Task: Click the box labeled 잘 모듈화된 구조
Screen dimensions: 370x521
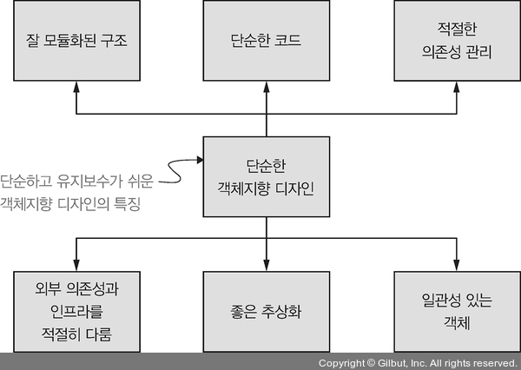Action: (76, 40)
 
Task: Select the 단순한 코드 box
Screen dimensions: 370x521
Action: (266, 40)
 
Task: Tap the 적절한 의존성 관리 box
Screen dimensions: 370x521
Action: (455, 40)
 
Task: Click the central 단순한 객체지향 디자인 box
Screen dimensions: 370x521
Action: (266, 176)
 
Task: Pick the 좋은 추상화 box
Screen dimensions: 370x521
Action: (266, 310)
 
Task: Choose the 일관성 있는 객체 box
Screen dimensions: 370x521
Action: (455, 310)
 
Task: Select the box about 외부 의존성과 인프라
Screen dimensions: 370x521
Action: (76, 310)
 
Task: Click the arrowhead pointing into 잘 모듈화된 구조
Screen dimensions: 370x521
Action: (76, 83)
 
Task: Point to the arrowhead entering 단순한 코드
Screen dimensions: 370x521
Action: (266, 83)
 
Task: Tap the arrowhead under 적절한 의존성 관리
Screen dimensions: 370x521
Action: (455, 83)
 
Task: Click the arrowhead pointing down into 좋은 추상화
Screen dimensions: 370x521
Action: (266, 265)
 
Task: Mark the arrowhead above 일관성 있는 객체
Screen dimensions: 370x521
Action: (455, 265)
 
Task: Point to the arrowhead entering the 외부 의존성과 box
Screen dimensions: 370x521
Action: (76, 265)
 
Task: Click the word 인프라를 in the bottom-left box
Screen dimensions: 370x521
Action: (76, 310)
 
